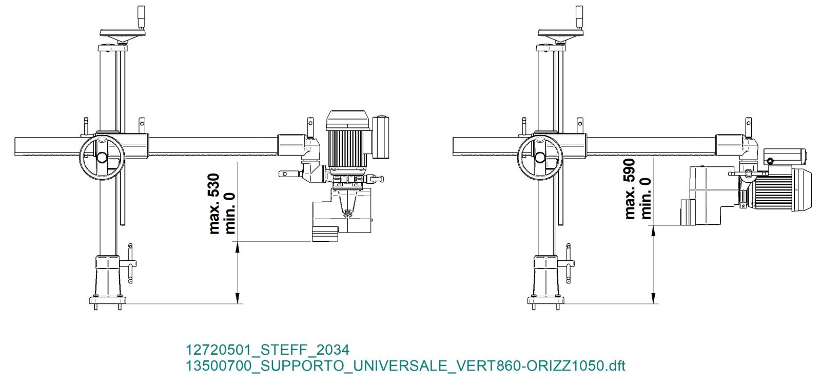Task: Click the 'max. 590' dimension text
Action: tap(629, 189)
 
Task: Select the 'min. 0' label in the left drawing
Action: tap(230, 214)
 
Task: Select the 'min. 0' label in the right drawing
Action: tap(646, 198)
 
